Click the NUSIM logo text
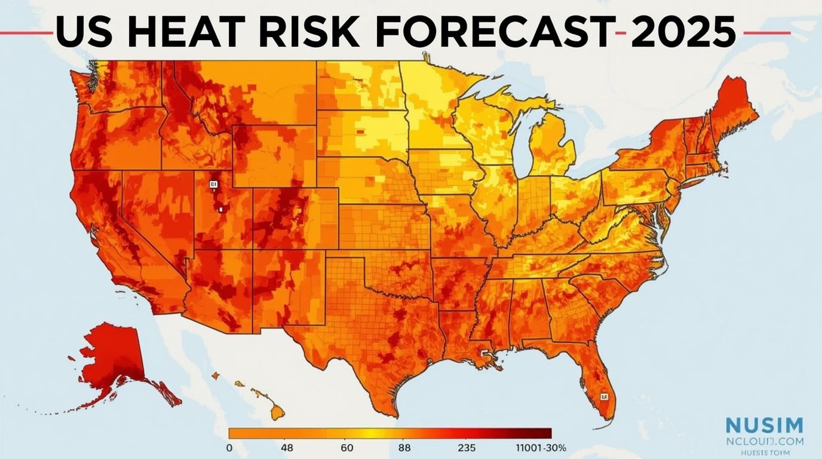coord(764,426)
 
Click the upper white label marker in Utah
coord(213,185)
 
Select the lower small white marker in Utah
coord(220,209)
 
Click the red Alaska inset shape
coord(116,359)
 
